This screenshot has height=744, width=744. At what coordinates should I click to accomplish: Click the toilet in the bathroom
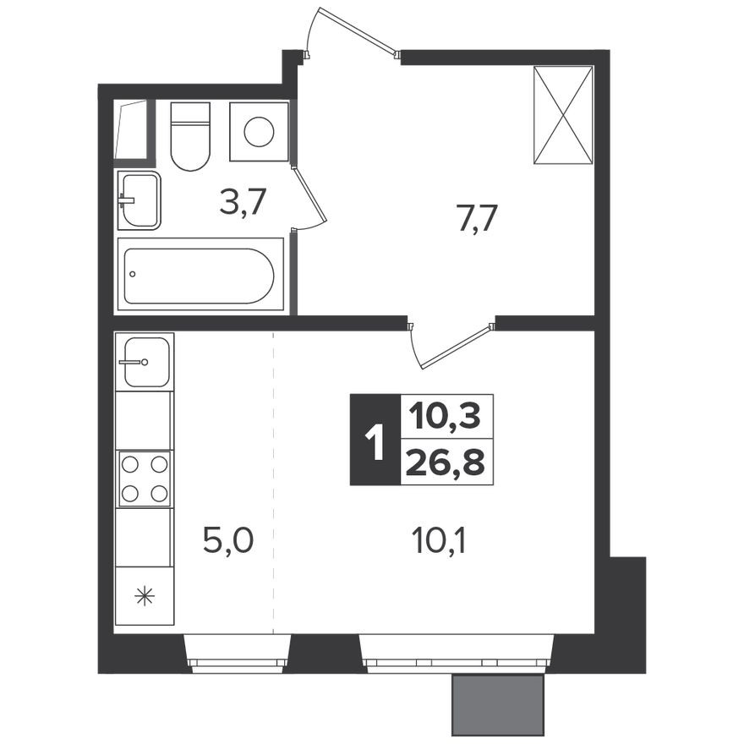click(x=189, y=137)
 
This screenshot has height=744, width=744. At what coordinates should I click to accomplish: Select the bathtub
click(x=200, y=275)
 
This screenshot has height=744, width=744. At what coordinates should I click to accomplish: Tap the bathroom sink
click(x=139, y=200)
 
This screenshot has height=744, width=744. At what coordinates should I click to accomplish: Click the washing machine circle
click(x=259, y=131)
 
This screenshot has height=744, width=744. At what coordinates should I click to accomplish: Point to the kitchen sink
click(x=145, y=361)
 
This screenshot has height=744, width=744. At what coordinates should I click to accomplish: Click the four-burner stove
click(x=145, y=479)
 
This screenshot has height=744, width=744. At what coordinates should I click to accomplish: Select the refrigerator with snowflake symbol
click(x=145, y=595)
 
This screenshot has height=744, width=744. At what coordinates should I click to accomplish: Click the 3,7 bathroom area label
click(x=243, y=203)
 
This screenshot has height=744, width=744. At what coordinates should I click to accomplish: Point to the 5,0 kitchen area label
click(x=227, y=539)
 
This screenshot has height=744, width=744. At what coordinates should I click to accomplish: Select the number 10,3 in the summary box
click(x=446, y=416)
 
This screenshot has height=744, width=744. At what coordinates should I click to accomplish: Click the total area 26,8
click(x=446, y=463)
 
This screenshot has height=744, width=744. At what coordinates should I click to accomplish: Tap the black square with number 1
click(x=375, y=440)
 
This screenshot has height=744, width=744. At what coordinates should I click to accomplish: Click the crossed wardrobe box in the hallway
click(x=564, y=114)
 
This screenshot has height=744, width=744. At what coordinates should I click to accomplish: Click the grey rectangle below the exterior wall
click(x=497, y=704)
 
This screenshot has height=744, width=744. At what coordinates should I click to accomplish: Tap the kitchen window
click(x=238, y=653)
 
